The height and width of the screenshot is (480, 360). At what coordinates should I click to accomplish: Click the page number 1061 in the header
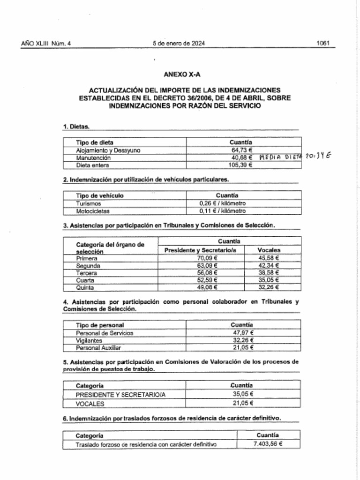coord(323,43)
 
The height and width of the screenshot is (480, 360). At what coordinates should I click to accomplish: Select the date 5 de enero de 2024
coord(179,43)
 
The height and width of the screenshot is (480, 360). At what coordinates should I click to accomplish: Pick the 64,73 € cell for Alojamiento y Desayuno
coord(240,150)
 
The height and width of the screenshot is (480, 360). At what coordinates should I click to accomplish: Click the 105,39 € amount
coord(240,165)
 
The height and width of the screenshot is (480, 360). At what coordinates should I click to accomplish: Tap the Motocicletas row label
coord(92,211)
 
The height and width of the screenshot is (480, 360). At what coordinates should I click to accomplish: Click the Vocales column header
coord(269,250)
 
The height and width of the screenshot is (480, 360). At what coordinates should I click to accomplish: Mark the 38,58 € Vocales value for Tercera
coord(269,273)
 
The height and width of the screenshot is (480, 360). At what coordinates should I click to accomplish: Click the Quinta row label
coord(85,287)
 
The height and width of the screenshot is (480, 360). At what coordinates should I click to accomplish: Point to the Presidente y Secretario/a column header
coord(200,250)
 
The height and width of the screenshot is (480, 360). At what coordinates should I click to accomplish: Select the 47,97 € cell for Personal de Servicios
coord(243,333)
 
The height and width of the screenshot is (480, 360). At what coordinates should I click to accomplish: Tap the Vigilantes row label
coord(89,340)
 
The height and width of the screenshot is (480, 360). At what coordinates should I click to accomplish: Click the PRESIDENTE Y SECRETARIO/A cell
coord(121,394)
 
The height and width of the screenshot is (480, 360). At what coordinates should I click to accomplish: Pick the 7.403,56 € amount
coord(268,443)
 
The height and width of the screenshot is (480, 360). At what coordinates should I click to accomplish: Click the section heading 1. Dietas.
coord(76,127)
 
